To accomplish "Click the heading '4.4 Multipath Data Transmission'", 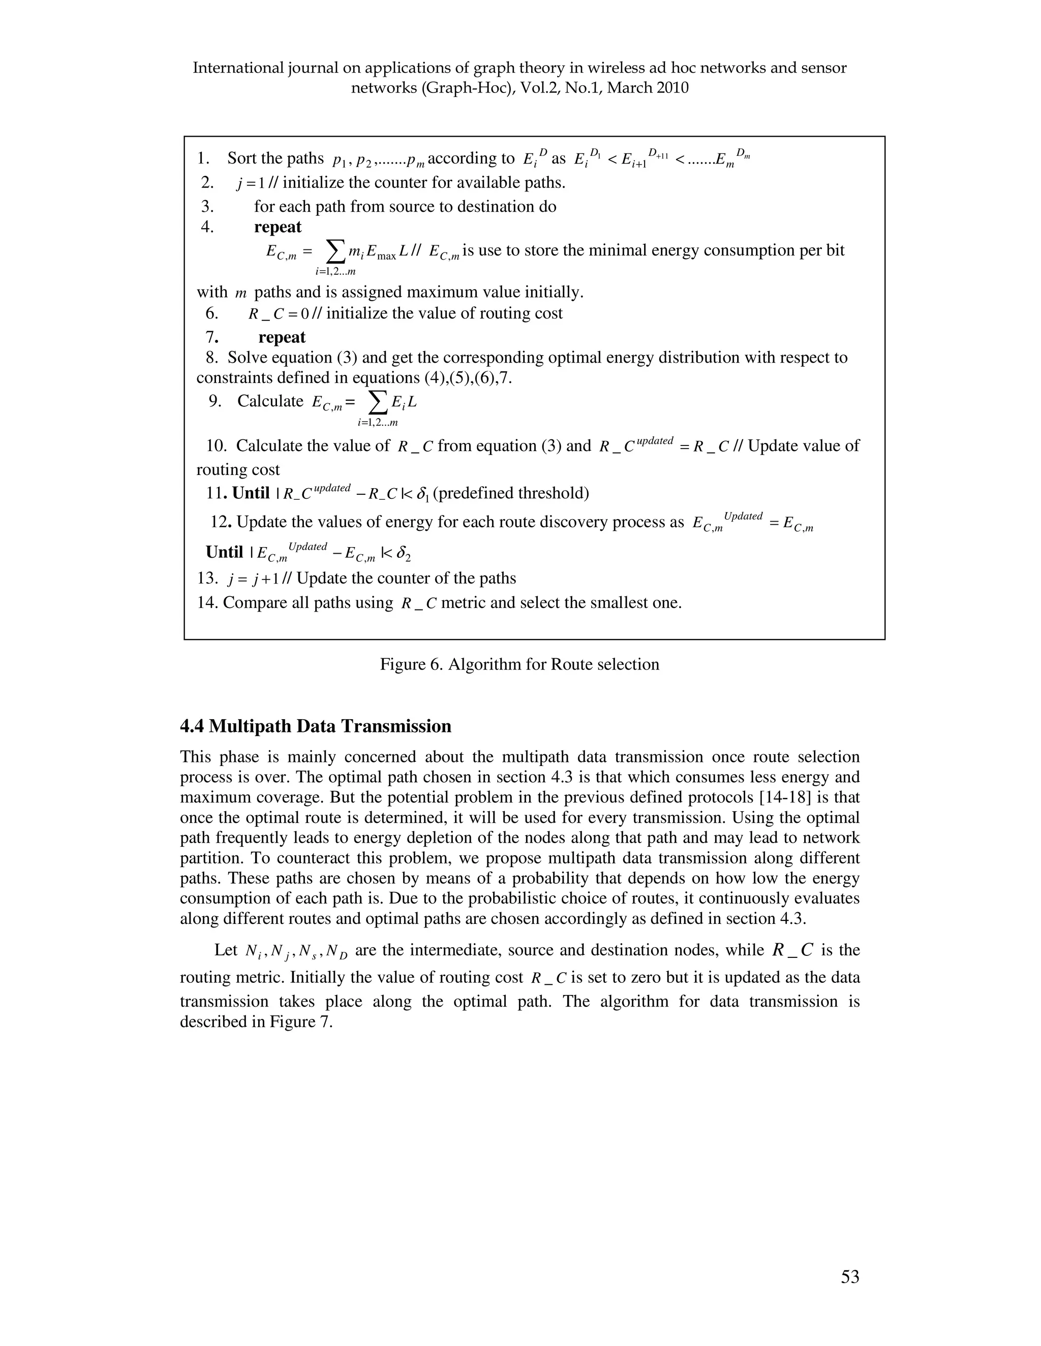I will [315, 726].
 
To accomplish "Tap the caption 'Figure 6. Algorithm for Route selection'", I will [519, 664].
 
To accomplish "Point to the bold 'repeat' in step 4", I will [278, 227].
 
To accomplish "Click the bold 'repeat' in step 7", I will [282, 337].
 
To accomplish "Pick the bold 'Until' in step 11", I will [251, 493].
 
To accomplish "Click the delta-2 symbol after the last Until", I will [404, 554].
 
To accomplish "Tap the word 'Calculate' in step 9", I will [270, 401].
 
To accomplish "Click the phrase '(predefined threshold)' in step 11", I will [511, 493].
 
